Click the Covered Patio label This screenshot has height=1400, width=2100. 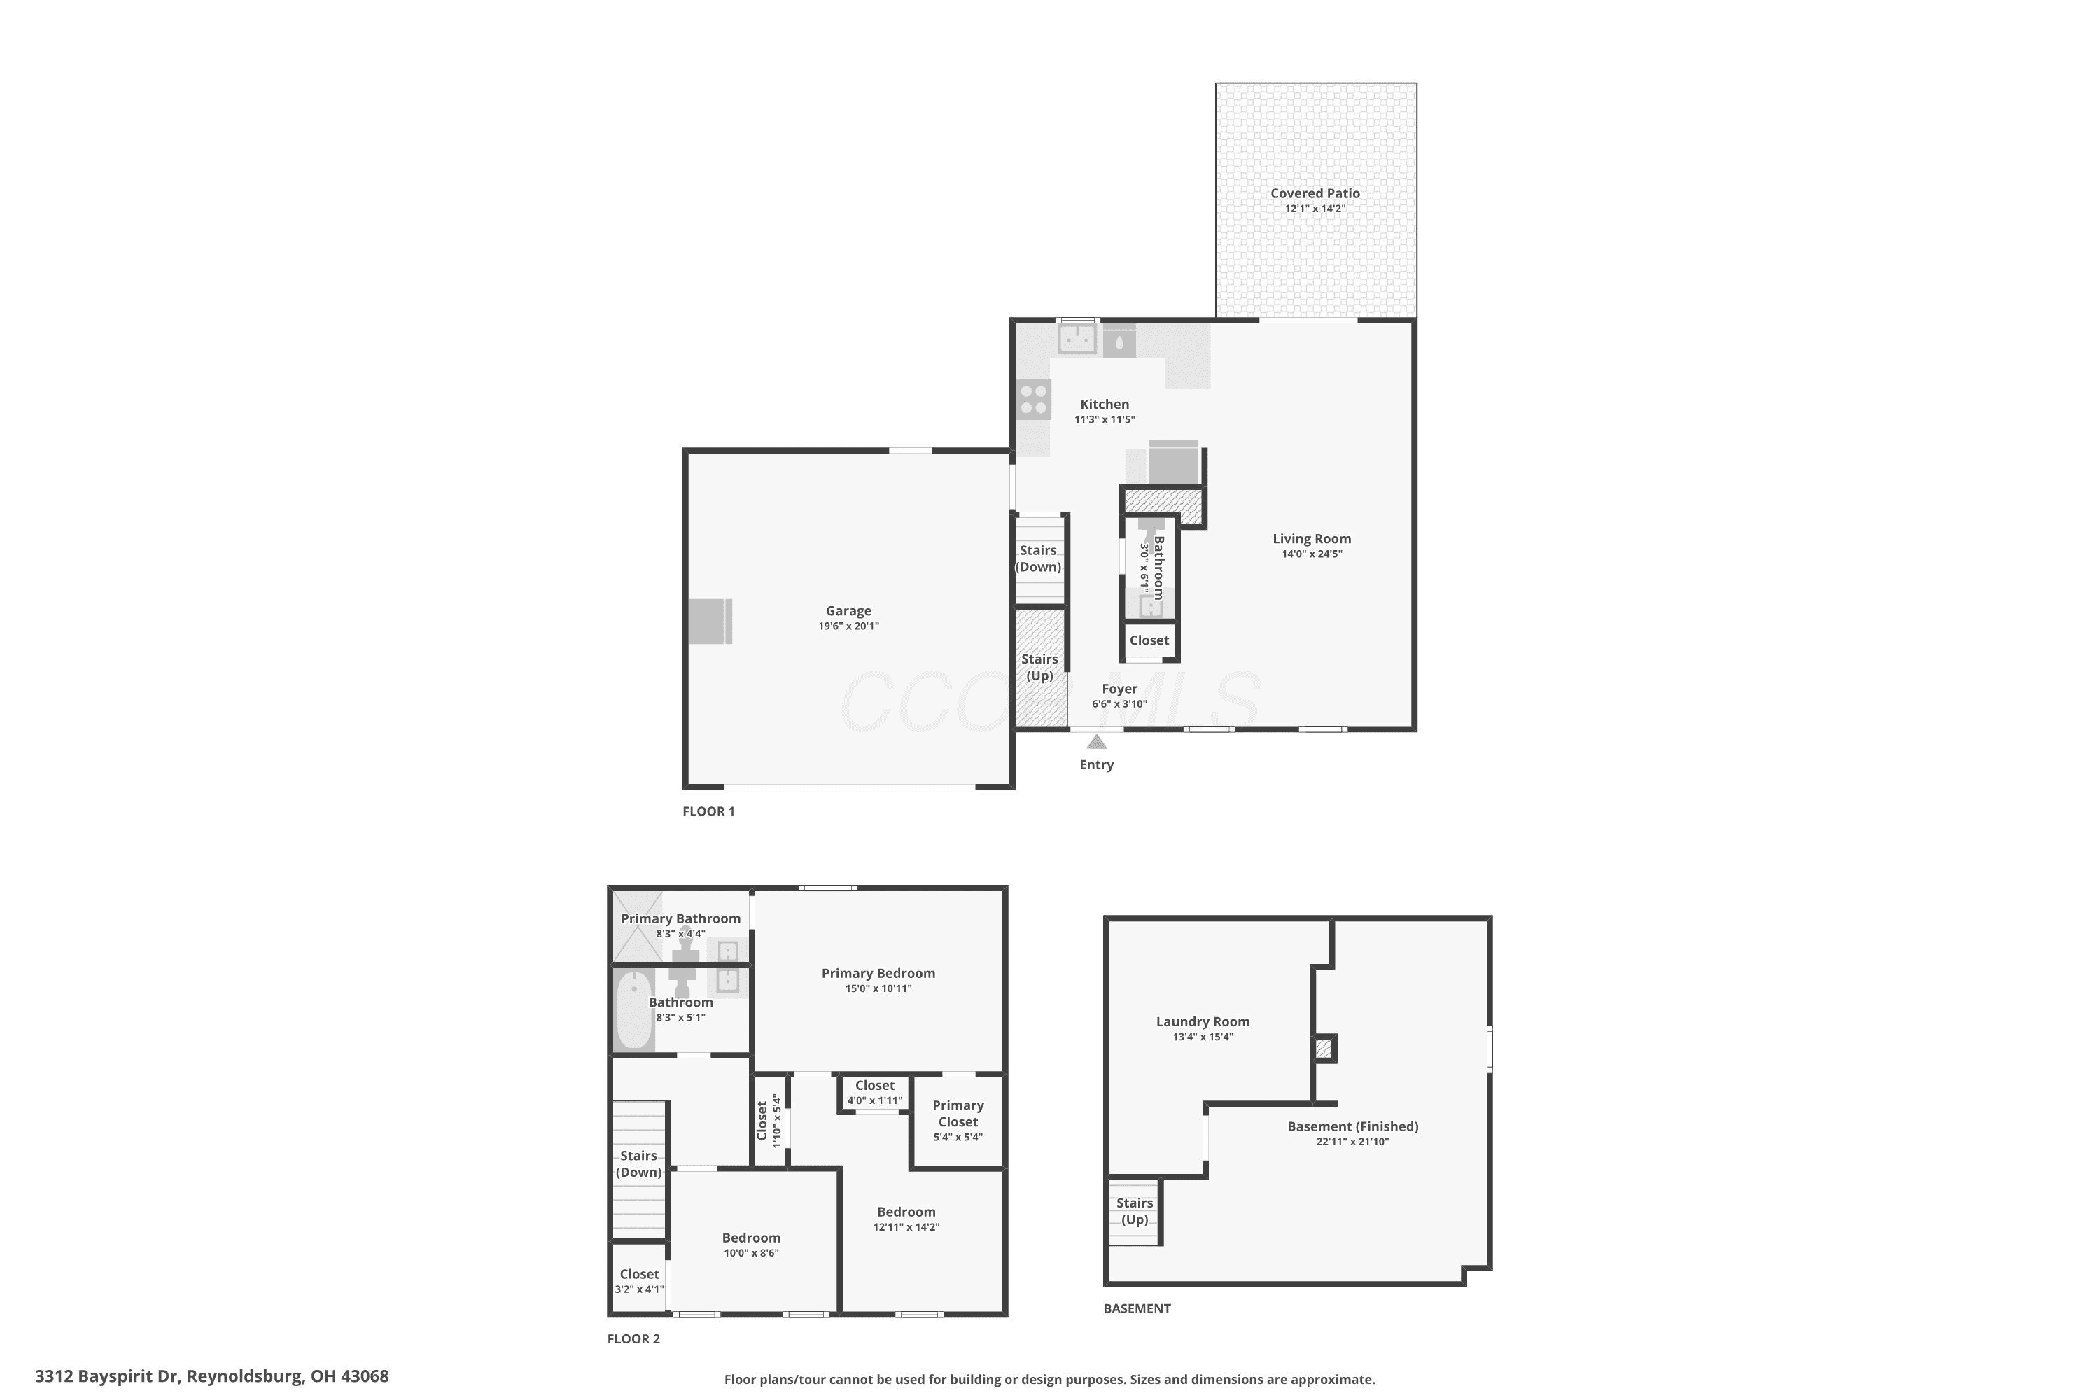tap(1315, 193)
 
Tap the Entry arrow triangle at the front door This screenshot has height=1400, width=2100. tap(1096, 742)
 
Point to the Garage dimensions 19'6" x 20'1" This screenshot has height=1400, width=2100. tap(848, 626)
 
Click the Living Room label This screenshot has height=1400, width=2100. tap(1312, 538)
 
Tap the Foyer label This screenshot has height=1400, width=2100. tap(1119, 688)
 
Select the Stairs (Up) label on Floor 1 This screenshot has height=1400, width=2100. tap(1039, 667)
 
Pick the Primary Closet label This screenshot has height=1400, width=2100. tap(958, 1114)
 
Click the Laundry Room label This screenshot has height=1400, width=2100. tap(1203, 1021)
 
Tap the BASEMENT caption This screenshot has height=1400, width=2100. tap(1137, 1308)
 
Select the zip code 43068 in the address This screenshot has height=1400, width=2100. tap(365, 1376)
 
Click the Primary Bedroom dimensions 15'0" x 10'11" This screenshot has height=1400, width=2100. tap(878, 988)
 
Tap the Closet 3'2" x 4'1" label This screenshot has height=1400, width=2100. tap(639, 1280)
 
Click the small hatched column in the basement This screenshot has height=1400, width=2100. tap(1324, 1047)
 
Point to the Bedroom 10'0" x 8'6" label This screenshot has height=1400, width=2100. tap(751, 1244)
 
